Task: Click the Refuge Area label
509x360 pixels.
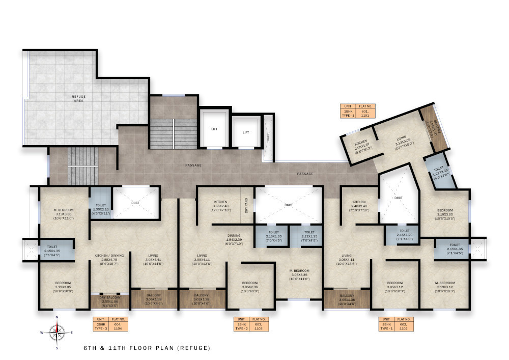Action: (78, 98)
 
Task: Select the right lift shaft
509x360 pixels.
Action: (245, 132)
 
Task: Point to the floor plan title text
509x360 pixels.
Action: (147, 348)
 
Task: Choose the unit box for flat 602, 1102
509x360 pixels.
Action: (396, 324)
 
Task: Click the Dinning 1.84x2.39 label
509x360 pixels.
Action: (234, 238)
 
